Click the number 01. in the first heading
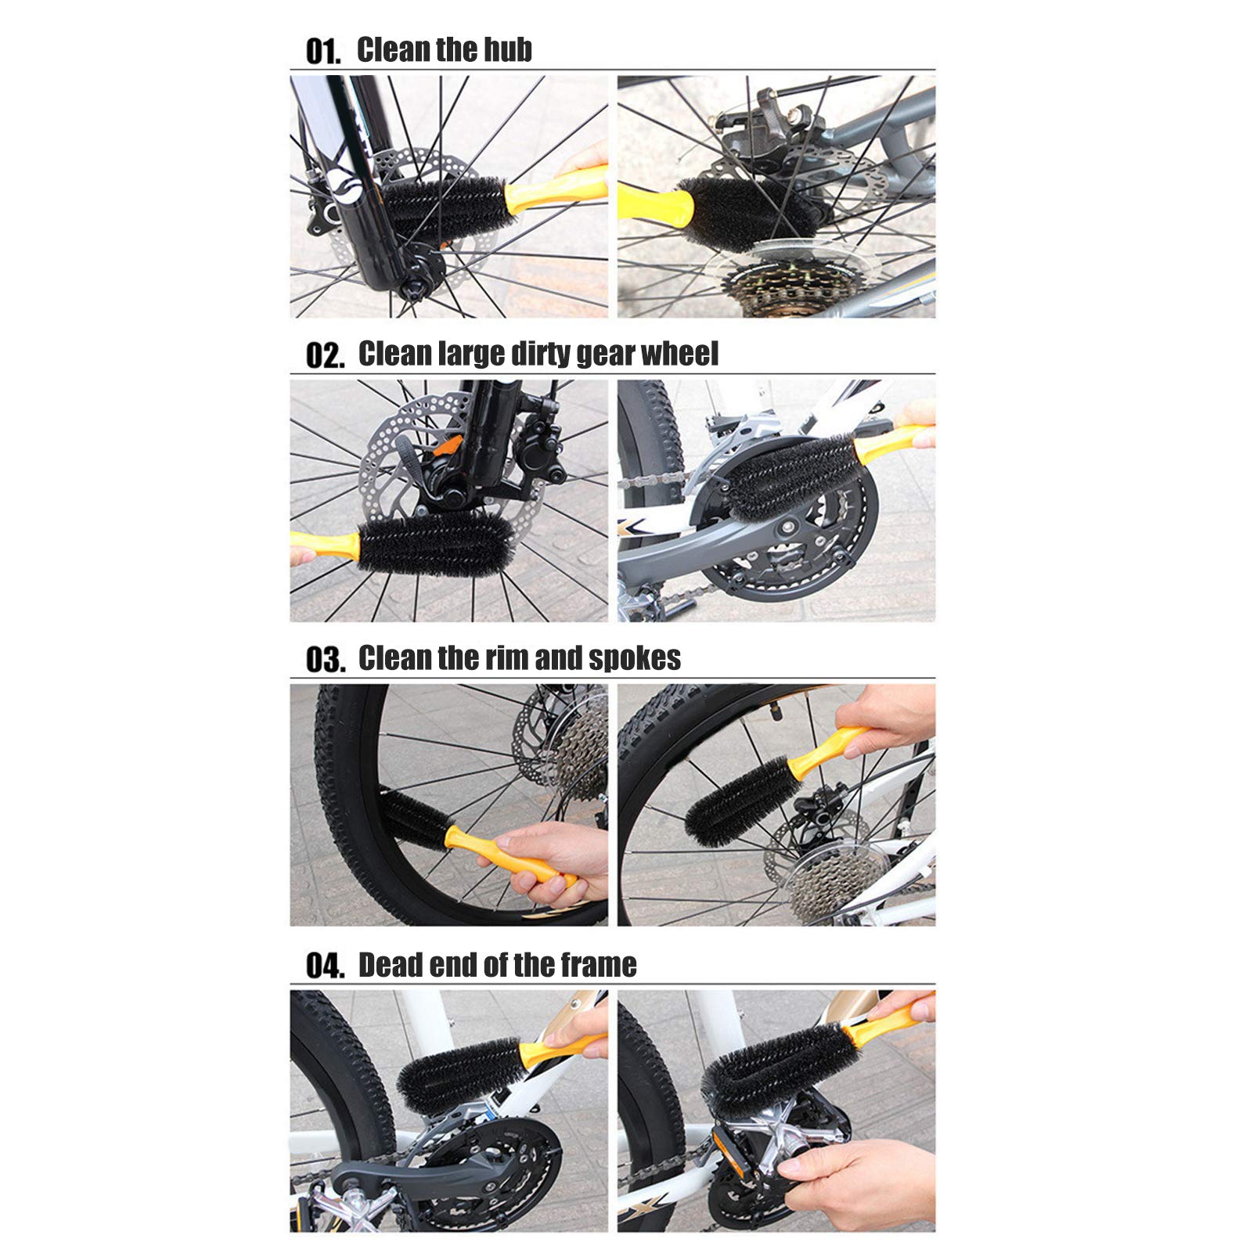pos(323,52)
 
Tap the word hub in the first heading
pos(507,49)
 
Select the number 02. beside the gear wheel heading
pos(324,356)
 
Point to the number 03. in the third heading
pos(324,660)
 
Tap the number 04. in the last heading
pos(324,966)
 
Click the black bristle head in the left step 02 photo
pos(435,545)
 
